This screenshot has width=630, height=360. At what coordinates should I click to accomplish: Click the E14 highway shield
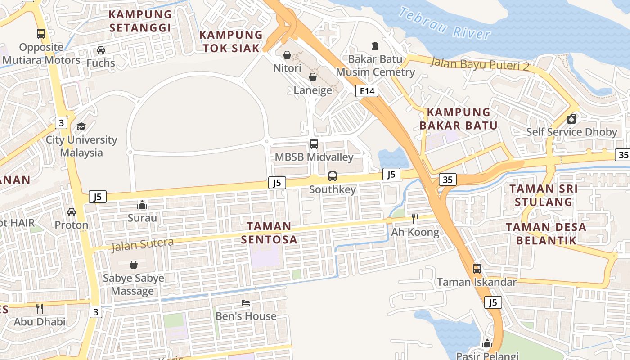[x=367, y=91]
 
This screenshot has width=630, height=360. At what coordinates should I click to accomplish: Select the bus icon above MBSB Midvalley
[x=314, y=144]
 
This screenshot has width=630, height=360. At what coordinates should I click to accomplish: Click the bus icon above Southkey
[x=333, y=176]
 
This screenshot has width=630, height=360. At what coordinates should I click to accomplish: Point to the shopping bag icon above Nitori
[x=287, y=55]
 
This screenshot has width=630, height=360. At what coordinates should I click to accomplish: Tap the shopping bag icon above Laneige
[x=313, y=77]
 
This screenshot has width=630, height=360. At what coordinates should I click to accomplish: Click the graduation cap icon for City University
[x=81, y=126]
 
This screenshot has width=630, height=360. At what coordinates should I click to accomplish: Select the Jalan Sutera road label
[x=142, y=244]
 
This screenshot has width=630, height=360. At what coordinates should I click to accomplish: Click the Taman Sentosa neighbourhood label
[x=269, y=233]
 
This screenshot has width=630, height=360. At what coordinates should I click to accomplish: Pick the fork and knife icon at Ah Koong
[x=415, y=219]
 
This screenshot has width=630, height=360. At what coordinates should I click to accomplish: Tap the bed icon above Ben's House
[x=246, y=303]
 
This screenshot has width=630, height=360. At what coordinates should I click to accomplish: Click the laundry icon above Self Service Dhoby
[x=571, y=119]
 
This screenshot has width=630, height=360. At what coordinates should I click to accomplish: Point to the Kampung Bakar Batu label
[x=459, y=119]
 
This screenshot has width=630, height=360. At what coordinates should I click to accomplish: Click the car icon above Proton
[x=72, y=211]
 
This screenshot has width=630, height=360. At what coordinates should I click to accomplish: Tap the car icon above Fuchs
[x=101, y=50]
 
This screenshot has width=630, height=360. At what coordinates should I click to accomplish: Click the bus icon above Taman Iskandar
[x=477, y=269]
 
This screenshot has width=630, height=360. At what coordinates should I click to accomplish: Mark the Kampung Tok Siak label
[x=231, y=41]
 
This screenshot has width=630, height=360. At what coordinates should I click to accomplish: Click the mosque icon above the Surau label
[x=142, y=205]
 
